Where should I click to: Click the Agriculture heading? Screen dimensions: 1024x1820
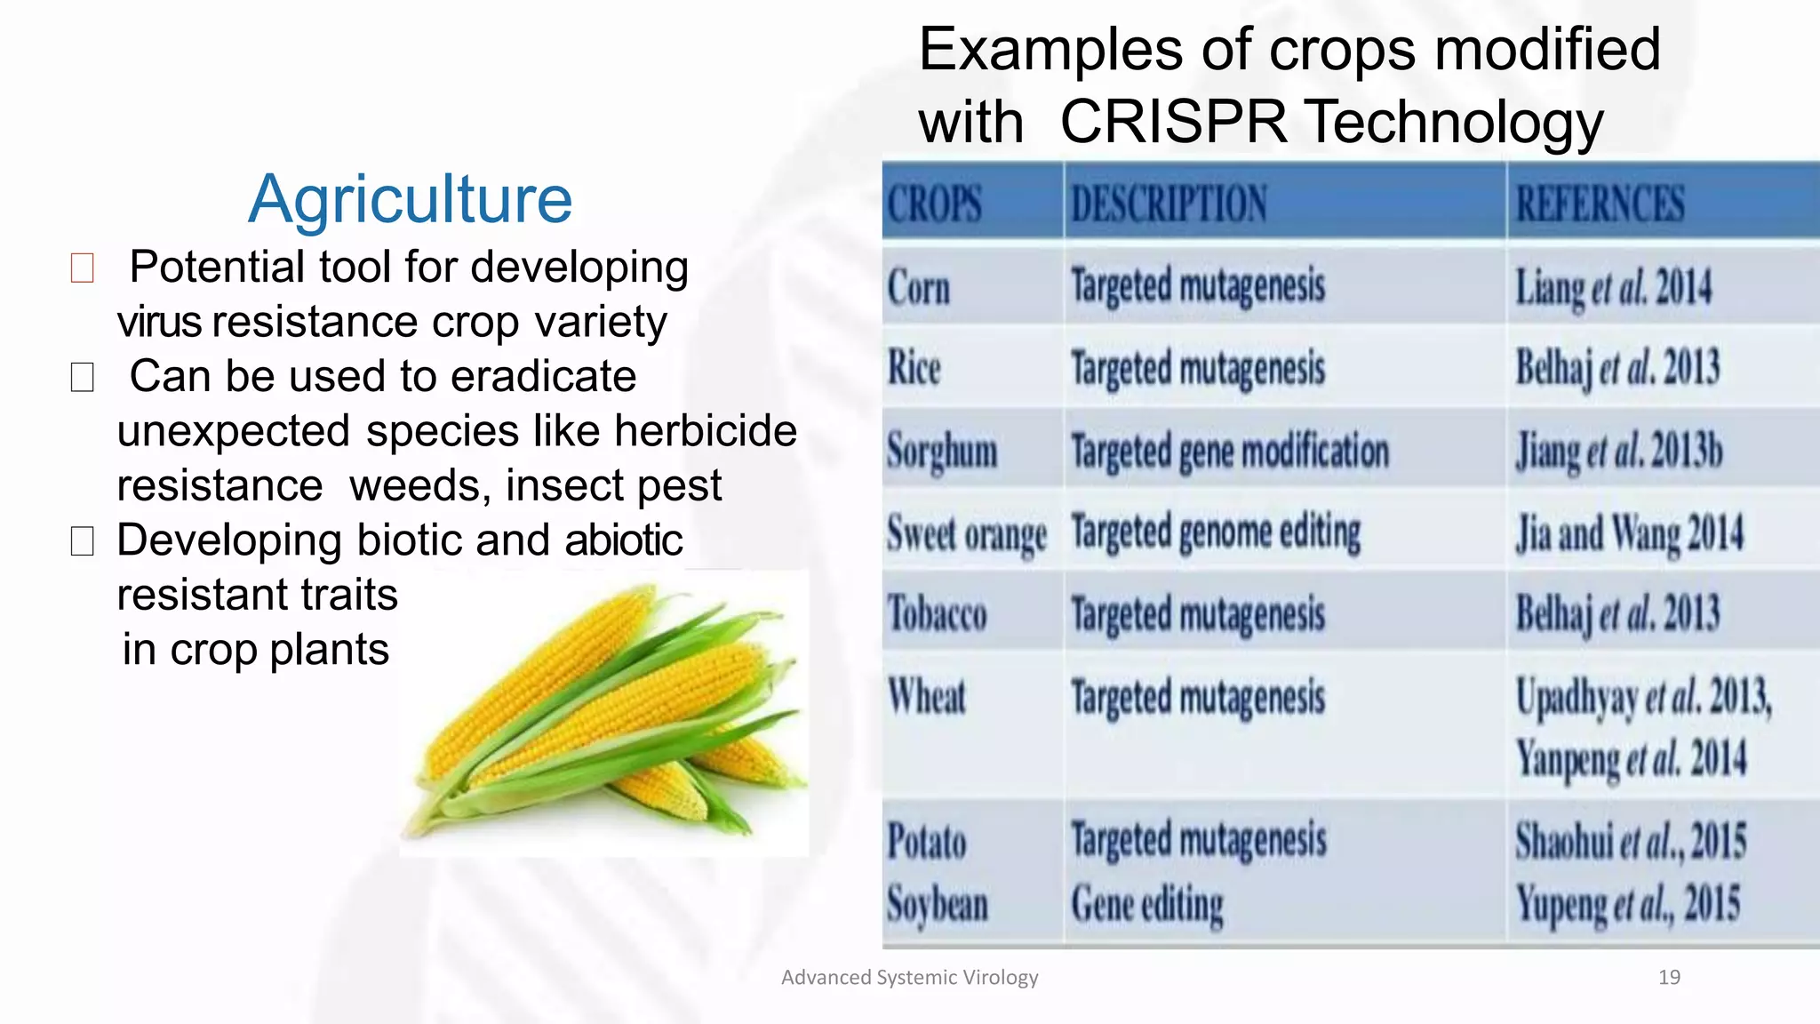coord(411,198)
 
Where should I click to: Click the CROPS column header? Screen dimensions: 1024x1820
coord(935,204)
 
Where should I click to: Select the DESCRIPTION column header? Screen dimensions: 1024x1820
coord(1169,204)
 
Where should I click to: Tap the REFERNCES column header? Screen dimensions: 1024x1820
coord(1600,204)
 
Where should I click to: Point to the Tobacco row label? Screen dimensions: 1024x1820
coord(938,614)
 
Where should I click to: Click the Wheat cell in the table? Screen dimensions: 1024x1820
coord(927,696)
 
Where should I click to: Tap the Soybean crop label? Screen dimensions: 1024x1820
coord(938,904)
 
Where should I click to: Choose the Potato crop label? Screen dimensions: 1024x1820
coord(927,841)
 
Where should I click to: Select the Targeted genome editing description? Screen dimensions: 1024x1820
coord(1216,533)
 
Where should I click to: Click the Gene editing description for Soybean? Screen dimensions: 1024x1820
coord(1147,904)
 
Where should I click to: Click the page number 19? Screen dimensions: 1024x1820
coord(1669,978)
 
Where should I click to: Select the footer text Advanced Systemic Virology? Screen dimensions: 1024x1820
coord(909,978)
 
